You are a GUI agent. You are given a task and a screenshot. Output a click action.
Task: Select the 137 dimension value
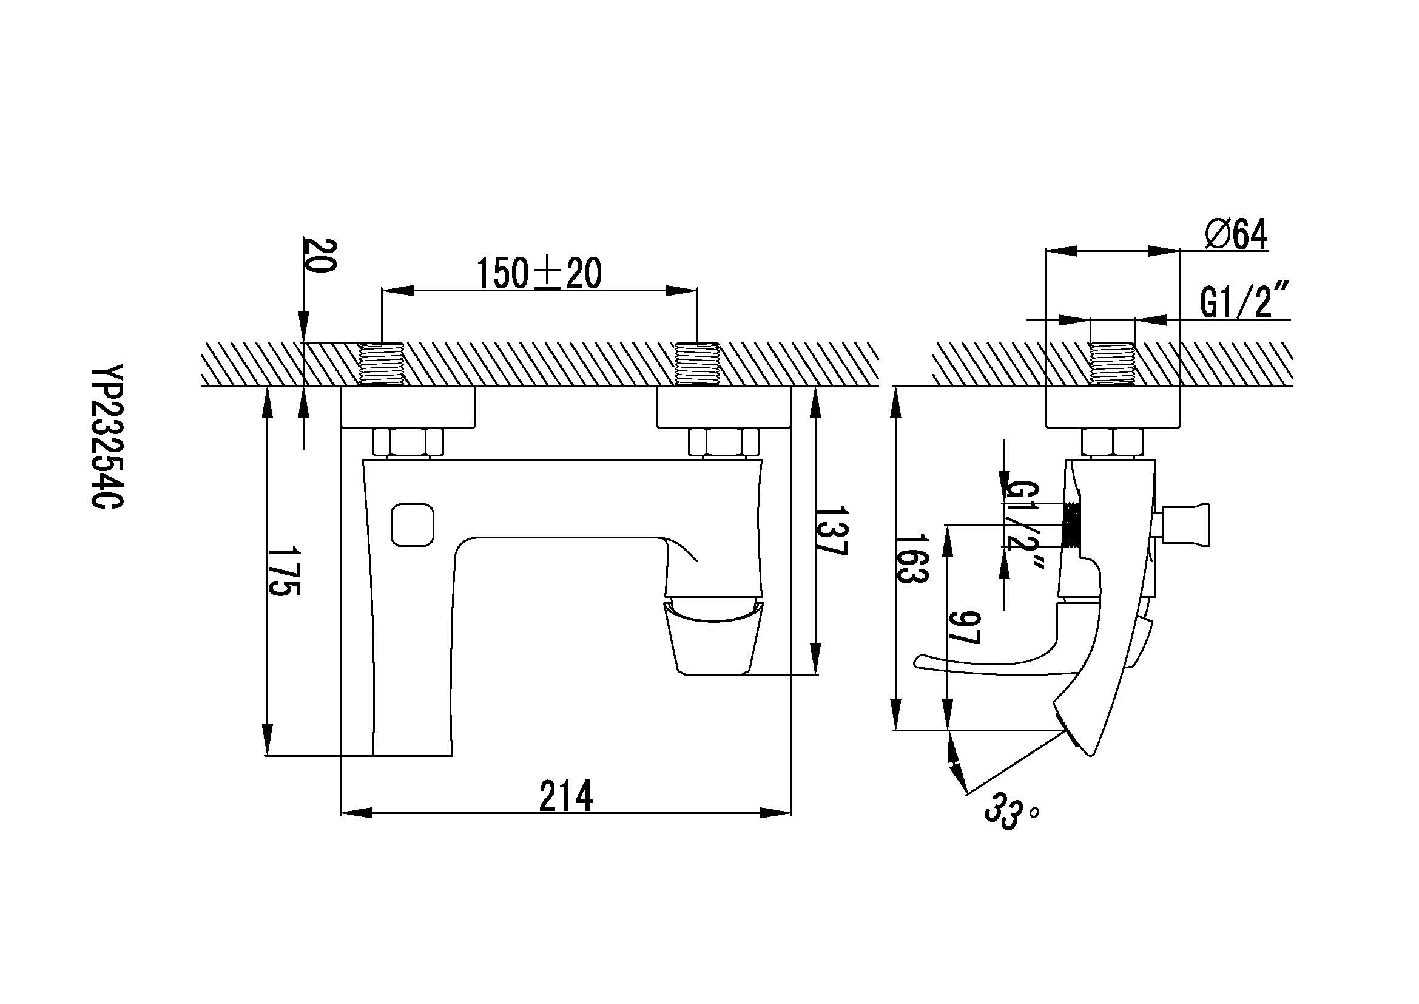831,531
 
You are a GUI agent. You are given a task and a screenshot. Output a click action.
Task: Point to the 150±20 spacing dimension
539,273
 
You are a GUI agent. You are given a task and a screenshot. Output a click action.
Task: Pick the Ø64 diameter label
1236,234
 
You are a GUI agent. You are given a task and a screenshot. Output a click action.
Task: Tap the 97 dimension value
964,628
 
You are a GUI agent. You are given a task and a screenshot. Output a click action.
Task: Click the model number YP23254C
107,436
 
